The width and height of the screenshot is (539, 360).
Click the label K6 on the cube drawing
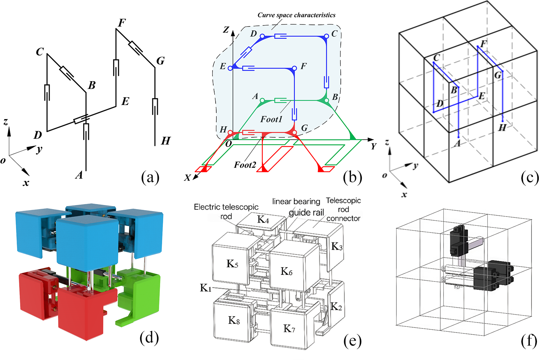286,271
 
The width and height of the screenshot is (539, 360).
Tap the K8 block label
234,320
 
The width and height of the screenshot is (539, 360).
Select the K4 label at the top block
263,220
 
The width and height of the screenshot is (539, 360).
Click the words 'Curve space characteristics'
296,15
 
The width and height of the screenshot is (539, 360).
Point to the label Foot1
271,119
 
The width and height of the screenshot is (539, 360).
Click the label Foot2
245,165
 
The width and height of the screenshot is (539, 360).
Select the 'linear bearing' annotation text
296,202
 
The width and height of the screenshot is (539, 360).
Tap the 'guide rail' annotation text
306,213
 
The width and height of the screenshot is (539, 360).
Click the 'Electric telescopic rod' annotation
226,211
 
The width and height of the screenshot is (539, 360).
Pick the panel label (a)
150,177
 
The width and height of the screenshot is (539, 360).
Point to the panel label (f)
529,341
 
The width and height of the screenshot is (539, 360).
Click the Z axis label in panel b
226,30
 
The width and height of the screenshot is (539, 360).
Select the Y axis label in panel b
373,146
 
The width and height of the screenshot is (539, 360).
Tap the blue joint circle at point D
262,36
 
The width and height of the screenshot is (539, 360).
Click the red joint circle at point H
230,132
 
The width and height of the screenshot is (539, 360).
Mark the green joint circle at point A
262,100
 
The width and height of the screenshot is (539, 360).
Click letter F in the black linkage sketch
122,23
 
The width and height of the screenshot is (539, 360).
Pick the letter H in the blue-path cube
502,128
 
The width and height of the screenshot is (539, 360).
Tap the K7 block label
289,328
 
